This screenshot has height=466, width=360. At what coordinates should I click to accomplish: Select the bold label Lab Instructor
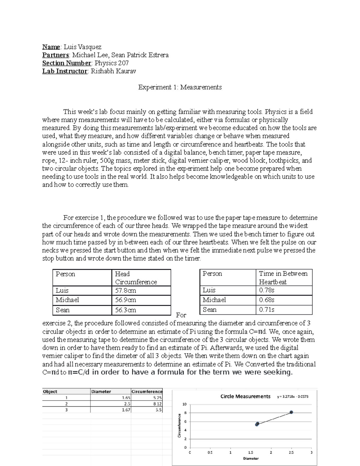64,71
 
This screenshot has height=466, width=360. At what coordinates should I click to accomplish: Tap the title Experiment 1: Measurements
180,87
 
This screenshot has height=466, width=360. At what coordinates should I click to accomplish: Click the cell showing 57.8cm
126,290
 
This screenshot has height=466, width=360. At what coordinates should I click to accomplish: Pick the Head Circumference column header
136,278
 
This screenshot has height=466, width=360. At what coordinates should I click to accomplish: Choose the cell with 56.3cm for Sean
126,310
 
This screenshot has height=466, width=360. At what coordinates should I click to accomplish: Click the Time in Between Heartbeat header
283,278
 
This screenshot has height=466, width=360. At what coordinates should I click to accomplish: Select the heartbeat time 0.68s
267,300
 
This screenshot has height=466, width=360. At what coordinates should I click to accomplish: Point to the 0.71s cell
267,309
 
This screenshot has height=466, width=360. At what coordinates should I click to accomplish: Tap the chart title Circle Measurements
245,396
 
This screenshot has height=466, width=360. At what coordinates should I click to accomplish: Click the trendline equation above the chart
293,396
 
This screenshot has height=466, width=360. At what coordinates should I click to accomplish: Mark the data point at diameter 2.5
291,412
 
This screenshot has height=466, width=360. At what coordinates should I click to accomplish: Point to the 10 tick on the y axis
185,404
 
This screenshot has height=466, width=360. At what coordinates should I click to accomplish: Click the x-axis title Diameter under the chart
251,458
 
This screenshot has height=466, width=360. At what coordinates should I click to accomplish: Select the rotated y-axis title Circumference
179,425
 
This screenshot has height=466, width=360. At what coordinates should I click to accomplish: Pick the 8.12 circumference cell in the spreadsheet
157,404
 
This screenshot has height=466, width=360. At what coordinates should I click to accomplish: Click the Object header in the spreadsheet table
50,392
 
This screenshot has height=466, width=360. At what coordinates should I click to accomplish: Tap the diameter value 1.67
126,410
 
